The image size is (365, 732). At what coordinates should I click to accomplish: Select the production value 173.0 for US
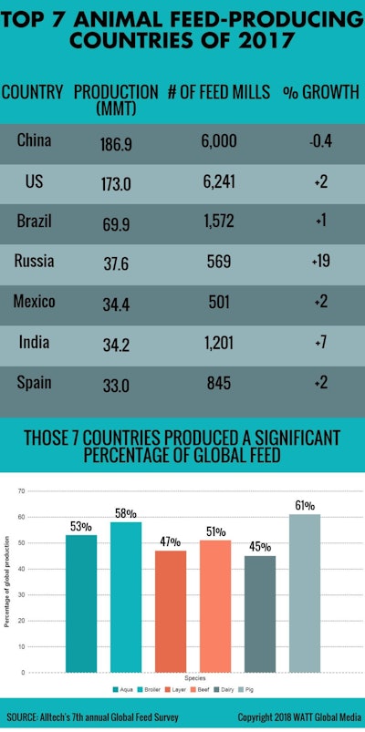[116, 183]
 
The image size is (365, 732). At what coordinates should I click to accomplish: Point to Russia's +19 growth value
[320, 263]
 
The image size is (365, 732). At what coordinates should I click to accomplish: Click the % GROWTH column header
[320, 93]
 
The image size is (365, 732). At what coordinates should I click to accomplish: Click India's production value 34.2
[116, 344]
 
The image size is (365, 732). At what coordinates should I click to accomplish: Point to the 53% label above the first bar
[80, 526]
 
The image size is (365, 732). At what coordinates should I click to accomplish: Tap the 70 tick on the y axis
[21, 490]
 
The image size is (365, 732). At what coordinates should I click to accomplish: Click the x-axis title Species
[192, 679]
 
